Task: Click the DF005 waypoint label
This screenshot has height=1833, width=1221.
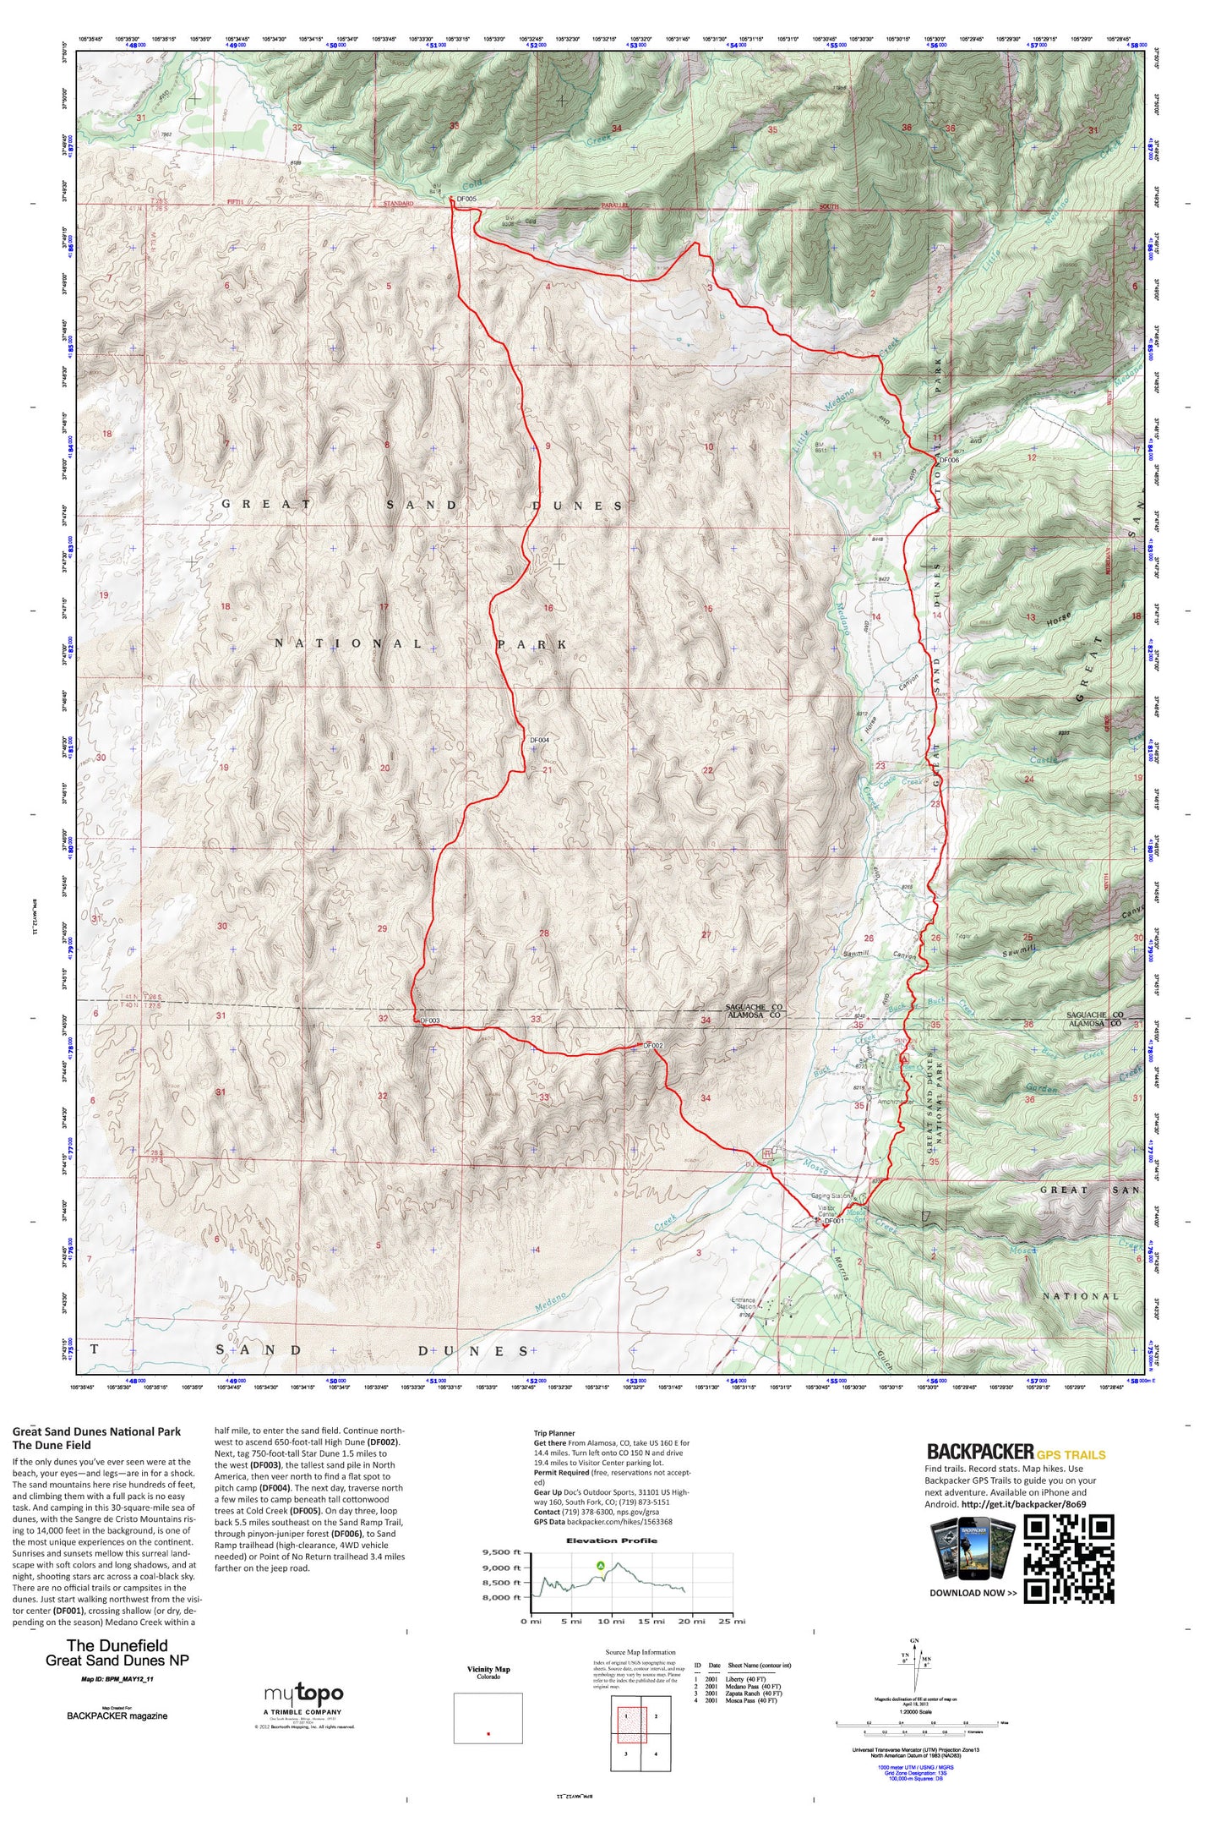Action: (x=466, y=200)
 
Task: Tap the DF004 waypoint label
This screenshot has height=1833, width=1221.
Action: (x=539, y=740)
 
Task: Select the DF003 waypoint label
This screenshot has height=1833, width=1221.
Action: (x=429, y=1021)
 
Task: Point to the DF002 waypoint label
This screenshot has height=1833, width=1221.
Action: (x=652, y=1046)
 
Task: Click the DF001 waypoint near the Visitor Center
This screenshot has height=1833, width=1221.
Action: (x=833, y=1221)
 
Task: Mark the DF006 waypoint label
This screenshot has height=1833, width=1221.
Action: (x=949, y=460)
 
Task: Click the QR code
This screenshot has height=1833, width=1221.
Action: (x=1068, y=1559)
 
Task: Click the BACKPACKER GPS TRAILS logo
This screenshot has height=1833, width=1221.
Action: (x=1016, y=1452)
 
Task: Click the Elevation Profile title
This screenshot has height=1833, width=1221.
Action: (x=613, y=1540)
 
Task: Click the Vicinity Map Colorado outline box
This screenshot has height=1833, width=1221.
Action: (x=488, y=1718)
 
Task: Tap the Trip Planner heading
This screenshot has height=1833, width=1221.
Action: (x=553, y=1433)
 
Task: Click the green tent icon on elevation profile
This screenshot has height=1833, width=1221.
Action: (x=601, y=1566)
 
